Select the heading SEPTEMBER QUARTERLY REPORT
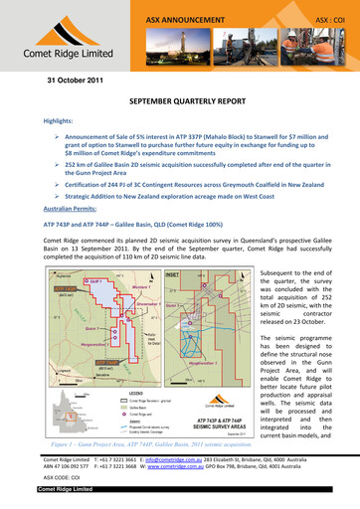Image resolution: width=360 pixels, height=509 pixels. coord(179,101)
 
